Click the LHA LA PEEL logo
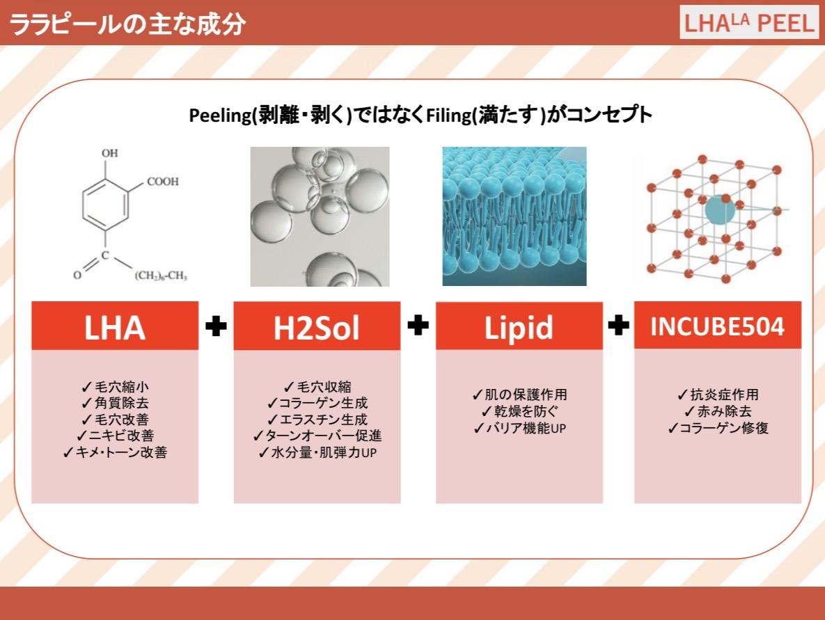(x=749, y=24)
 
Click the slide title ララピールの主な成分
(x=127, y=24)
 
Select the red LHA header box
(x=115, y=326)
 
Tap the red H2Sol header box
(x=317, y=326)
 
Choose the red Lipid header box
(x=519, y=326)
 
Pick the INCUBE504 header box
(x=717, y=326)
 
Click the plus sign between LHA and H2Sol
(x=216, y=326)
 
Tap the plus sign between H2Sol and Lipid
(x=418, y=326)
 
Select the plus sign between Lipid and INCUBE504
(x=618, y=325)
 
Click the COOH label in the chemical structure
(x=162, y=182)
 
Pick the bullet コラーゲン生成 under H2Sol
(x=317, y=403)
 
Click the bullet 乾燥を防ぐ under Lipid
(x=519, y=411)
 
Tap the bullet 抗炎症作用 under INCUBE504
(x=718, y=395)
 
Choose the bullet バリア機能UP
(x=519, y=428)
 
